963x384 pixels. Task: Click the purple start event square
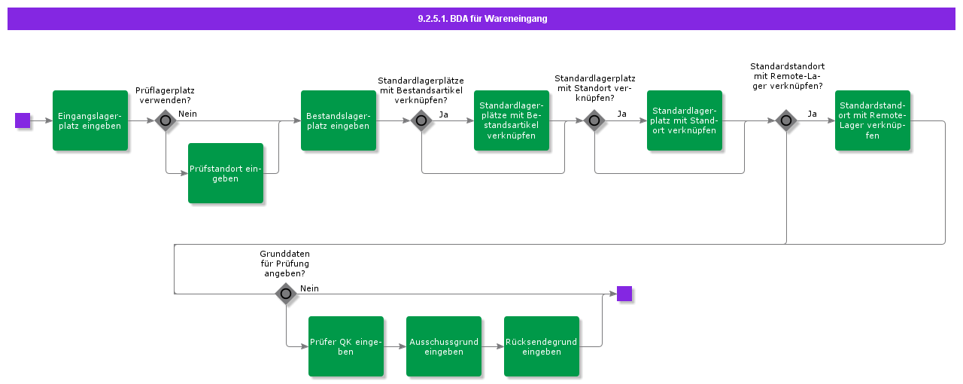coord(23,120)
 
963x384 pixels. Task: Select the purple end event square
coord(624,294)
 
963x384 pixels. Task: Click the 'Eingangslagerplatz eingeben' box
coord(90,120)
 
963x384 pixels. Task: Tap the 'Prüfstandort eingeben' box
coord(226,173)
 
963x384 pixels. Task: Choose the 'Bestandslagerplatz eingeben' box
coord(339,120)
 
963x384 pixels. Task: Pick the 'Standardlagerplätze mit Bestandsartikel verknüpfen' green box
coord(512,120)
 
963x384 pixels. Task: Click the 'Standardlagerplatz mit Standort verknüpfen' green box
coord(685,120)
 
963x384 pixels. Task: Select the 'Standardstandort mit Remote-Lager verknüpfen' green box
coord(873,120)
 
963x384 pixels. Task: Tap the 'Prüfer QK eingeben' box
coord(346,346)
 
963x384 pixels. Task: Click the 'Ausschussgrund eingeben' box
coord(444,346)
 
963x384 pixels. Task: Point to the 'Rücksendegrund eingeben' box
coord(542,346)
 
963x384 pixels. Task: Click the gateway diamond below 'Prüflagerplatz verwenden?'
coord(166,120)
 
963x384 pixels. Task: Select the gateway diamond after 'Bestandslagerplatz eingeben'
coord(421,120)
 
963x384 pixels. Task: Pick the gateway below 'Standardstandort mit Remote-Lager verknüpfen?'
coord(786,120)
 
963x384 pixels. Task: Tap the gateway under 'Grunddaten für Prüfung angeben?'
coord(287,294)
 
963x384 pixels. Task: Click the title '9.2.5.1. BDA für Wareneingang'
coord(482,19)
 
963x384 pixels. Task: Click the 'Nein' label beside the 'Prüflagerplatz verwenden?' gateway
coord(188,114)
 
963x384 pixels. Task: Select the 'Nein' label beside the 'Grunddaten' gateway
coord(309,288)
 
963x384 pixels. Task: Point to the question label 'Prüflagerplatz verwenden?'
coord(165,95)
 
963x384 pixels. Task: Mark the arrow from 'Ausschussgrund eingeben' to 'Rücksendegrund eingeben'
coord(493,346)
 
